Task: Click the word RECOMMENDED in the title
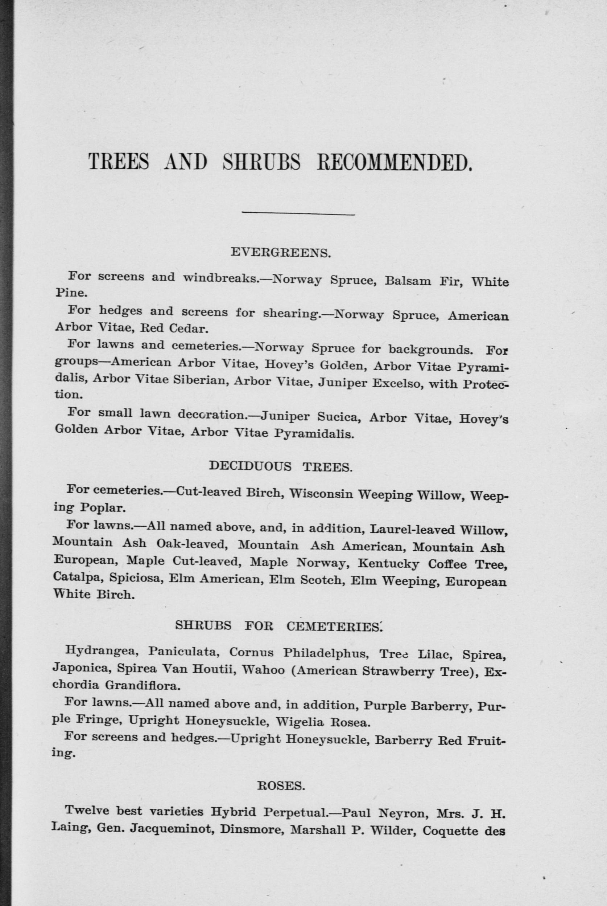394,162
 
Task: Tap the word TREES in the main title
119,162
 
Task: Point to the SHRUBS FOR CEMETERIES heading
279,625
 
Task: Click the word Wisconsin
321,494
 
